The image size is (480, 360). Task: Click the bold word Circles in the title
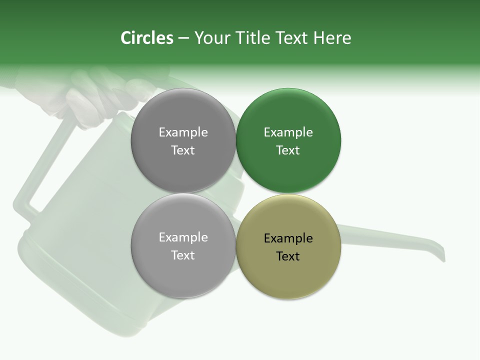coord(146,38)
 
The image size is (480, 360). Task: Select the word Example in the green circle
coord(288,132)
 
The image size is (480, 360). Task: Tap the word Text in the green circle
coord(288,150)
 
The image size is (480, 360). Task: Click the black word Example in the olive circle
coord(288,238)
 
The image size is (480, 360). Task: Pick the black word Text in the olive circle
coord(288,256)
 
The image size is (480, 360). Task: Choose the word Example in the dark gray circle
coord(183,132)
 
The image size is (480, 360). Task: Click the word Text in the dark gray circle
coord(183,150)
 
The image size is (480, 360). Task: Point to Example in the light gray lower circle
coord(183,237)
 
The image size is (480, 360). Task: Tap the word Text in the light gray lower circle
coord(183,255)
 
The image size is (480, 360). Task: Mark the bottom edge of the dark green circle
coord(288,192)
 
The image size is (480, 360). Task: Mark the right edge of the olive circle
coord(340,246)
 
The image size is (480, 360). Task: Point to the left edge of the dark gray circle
coord(131,140)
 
